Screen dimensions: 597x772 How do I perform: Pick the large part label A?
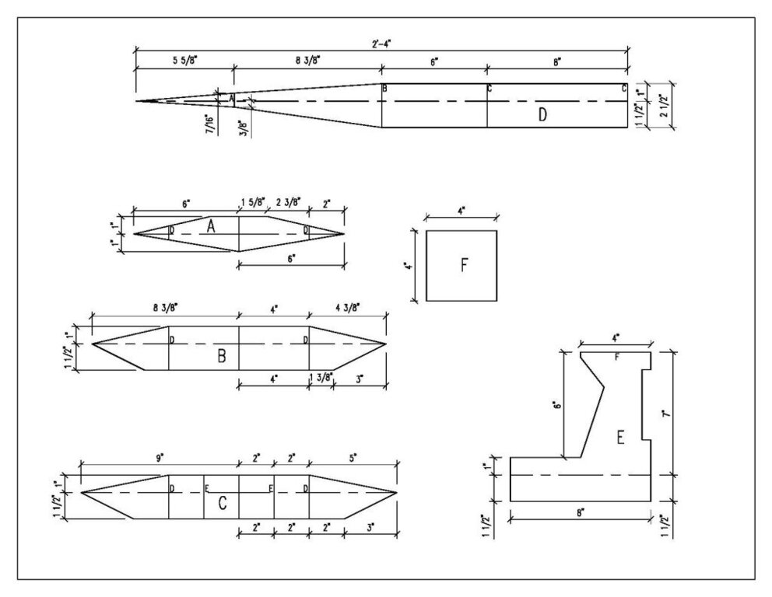tap(210, 225)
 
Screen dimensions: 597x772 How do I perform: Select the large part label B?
tap(222, 358)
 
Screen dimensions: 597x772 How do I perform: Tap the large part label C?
tap(222, 504)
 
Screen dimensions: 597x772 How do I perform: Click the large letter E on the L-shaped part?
tap(620, 439)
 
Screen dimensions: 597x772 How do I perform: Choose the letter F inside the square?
tap(463, 265)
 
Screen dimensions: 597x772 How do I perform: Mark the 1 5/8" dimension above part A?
tap(251, 203)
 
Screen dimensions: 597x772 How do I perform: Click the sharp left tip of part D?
tap(137, 101)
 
